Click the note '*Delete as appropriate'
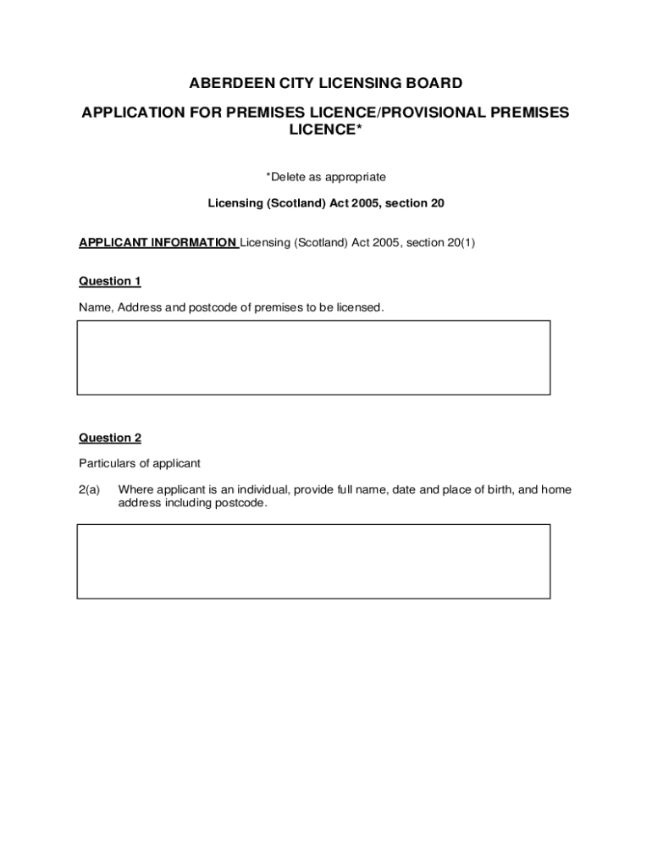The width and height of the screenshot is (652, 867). coord(326,177)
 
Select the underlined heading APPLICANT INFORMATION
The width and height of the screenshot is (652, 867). coord(157,243)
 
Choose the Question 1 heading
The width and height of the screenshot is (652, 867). coord(110,281)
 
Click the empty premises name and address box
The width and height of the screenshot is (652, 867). coord(313,357)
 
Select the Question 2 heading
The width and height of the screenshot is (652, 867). coord(110,438)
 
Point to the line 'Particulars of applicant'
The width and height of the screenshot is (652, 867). coord(140,463)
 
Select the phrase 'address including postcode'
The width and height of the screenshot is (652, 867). coord(192,503)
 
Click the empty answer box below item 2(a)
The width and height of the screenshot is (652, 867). coord(313,561)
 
